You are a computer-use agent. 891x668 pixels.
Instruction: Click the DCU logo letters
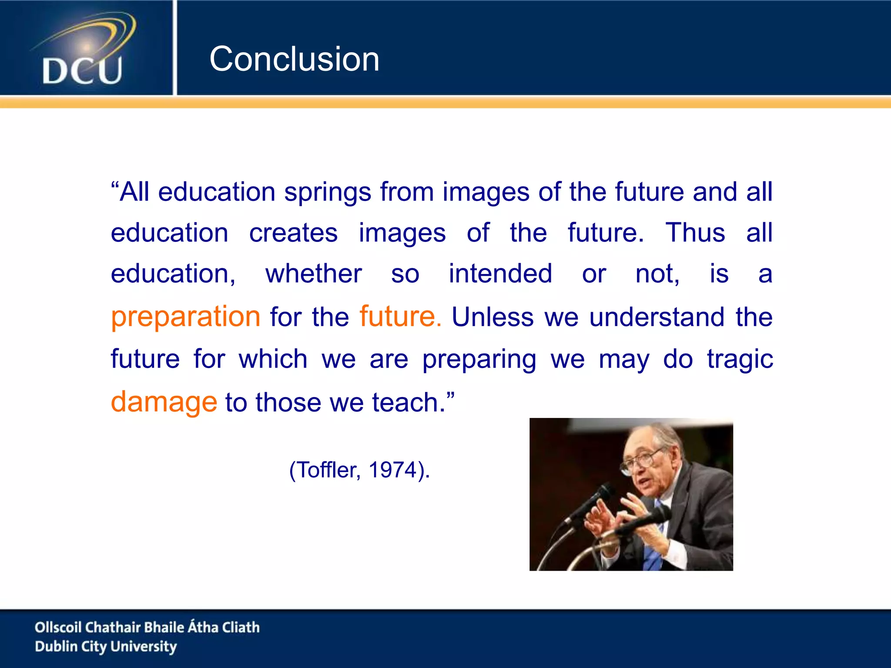pos(82,71)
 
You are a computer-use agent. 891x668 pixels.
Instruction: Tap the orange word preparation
pos(186,317)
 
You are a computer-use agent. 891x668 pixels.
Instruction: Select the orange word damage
pos(164,402)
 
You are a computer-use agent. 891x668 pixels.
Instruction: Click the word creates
pos(293,233)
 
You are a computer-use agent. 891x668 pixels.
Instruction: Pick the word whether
pos(313,274)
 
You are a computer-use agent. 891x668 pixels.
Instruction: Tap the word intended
pos(500,274)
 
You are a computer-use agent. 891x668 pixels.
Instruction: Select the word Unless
pos(492,317)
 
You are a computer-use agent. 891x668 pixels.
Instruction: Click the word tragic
pos(740,360)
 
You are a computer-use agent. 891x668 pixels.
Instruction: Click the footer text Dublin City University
pos(106,647)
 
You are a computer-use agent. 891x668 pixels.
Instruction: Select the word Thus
pos(695,233)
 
